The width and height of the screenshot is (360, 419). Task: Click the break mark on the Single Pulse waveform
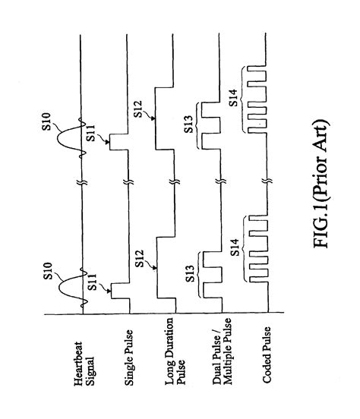[127, 183]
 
